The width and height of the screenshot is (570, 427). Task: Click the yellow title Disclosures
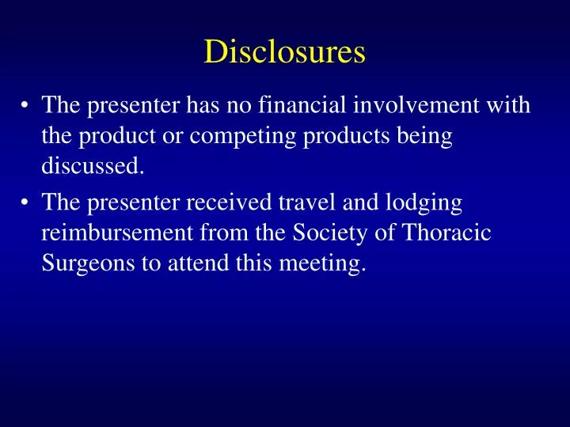click(285, 52)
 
